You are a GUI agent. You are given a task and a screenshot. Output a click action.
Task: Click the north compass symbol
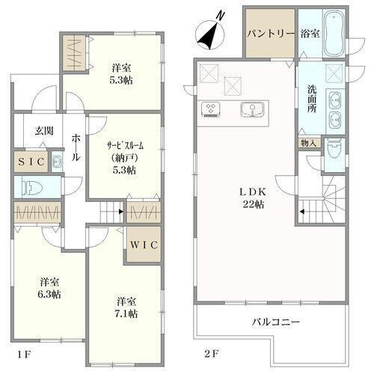click(210, 34)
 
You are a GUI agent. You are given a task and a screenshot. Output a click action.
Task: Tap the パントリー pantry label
click(271, 34)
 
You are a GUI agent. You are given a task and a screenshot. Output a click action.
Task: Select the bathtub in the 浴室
click(334, 33)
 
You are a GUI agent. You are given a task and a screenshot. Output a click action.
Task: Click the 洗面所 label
click(312, 99)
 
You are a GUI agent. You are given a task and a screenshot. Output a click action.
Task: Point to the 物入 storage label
click(309, 143)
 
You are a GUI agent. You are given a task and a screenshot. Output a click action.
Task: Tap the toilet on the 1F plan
click(32, 187)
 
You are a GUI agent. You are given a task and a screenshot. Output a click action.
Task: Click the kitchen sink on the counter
click(252, 109)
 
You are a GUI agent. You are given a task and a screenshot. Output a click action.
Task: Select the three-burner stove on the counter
click(211, 109)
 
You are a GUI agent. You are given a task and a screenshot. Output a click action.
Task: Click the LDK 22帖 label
click(253, 198)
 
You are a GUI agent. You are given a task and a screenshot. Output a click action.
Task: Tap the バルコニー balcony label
click(275, 322)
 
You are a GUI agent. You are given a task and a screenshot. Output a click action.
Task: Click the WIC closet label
click(144, 245)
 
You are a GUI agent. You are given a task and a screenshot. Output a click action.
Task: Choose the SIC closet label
click(31, 162)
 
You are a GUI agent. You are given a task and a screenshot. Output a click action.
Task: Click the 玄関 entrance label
click(44, 131)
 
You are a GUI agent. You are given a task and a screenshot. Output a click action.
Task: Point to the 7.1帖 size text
click(126, 313)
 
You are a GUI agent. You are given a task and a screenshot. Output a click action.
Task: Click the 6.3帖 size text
click(49, 295)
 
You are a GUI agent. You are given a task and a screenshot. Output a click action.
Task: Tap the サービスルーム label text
click(126, 146)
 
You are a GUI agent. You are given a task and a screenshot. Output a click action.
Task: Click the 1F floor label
click(24, 355)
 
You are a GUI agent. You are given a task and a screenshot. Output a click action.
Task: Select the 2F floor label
click(212, 354)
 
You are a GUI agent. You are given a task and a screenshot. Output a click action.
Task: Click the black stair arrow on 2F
click(302, 212)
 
